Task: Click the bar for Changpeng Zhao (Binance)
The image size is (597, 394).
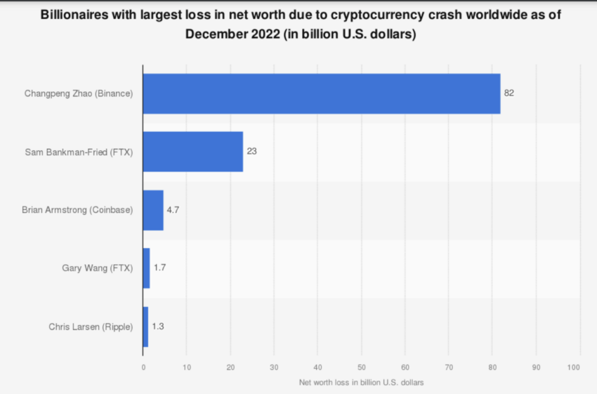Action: [321, 93]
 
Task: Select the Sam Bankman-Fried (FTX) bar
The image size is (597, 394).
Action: [192, 151]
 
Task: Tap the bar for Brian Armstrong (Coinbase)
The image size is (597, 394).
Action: [153, 210]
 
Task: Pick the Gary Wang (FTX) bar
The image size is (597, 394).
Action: [146, 268]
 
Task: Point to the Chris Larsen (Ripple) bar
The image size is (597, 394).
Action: [145, 327]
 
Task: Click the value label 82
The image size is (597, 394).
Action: [509, 93]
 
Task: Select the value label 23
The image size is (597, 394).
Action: [251, 151]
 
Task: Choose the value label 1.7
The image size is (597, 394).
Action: [159, 268]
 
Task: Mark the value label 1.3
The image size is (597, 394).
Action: [158, 327]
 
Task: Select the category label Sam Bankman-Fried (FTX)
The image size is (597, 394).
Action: [79, 151]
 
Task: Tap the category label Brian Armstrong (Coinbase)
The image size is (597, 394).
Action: [77, 210]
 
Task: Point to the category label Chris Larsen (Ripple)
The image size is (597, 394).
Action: [91, 327]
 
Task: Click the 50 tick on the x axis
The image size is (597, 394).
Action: [362, 367]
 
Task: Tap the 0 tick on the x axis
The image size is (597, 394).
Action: [143, 367]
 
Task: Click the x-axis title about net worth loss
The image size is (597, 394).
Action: [361, 382]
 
